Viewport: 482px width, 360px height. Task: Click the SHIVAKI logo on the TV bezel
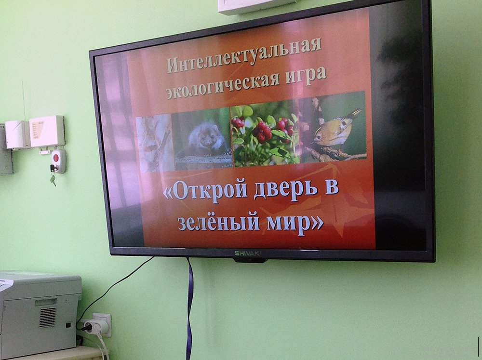pos(248,253)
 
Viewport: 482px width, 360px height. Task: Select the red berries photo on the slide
pos(264,135)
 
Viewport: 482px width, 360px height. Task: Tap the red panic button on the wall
pos(55,158)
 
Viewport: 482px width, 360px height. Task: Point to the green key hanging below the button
pos(53,180)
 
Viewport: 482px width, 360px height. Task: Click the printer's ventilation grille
pos(48,317)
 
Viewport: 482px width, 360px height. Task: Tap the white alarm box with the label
pos(47,131)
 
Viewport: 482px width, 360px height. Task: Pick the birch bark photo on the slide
pos(155,144)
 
